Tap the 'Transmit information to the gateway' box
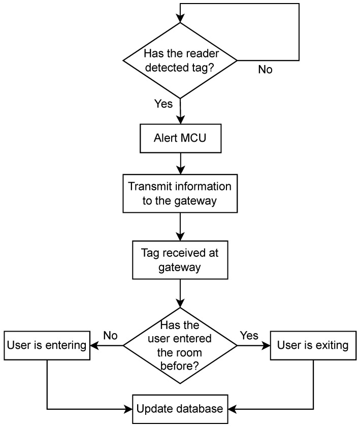pos(180,193)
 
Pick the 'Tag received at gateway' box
pos(180,260)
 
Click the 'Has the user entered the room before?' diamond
pos(180,346)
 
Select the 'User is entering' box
pos(47,346)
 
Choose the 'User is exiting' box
pos(313,346)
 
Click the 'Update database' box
pos(180,408)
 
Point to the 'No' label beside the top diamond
pos(265,70)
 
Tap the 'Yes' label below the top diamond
pos(163,104)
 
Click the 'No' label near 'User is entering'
pos(111,335)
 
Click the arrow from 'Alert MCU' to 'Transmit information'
pos(180,163)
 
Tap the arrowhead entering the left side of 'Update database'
pos(129,408)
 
